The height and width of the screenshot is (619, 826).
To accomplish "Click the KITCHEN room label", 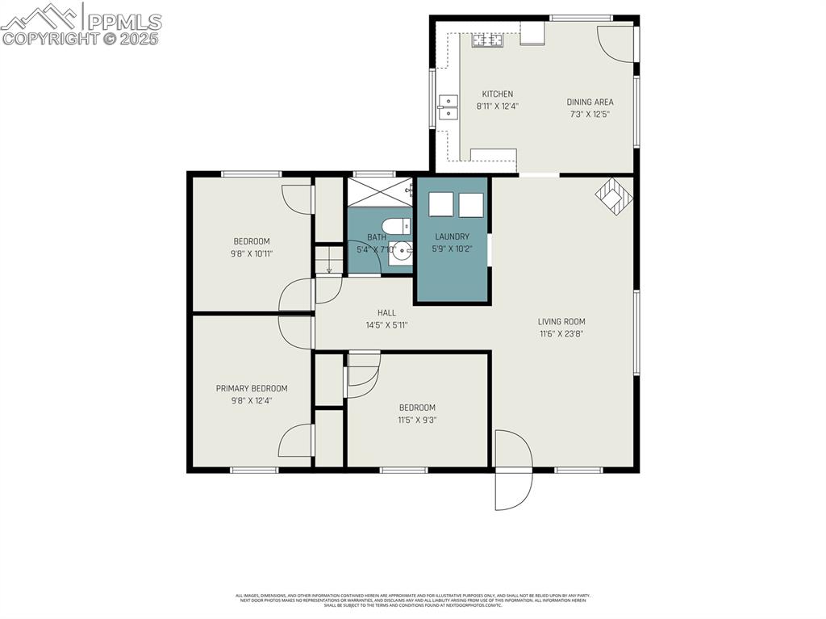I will [x=497, y=94].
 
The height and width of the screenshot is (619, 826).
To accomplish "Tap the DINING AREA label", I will [x=590, y=102].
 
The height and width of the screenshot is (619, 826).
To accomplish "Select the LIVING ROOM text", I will [x=561, y=321].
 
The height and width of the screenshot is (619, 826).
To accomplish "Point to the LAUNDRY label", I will [x=452, y=236].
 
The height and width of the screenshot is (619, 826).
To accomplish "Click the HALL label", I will [x=386, y=312].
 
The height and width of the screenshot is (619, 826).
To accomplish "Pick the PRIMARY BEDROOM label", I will [x=252, y=388].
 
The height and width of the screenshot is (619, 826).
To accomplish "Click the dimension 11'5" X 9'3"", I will [x=416, y=420].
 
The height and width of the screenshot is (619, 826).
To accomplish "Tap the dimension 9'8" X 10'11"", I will [x=252, y=253].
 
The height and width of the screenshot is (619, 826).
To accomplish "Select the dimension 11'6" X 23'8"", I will [x=561, y=333].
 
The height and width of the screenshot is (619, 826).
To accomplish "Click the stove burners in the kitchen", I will [x=487, y=39].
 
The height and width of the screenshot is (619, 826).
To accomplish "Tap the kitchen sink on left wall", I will [x=447, y=107].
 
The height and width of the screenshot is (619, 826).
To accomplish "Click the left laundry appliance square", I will [x=441, y=205].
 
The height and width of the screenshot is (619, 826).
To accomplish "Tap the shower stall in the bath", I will [x=378, y=192].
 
